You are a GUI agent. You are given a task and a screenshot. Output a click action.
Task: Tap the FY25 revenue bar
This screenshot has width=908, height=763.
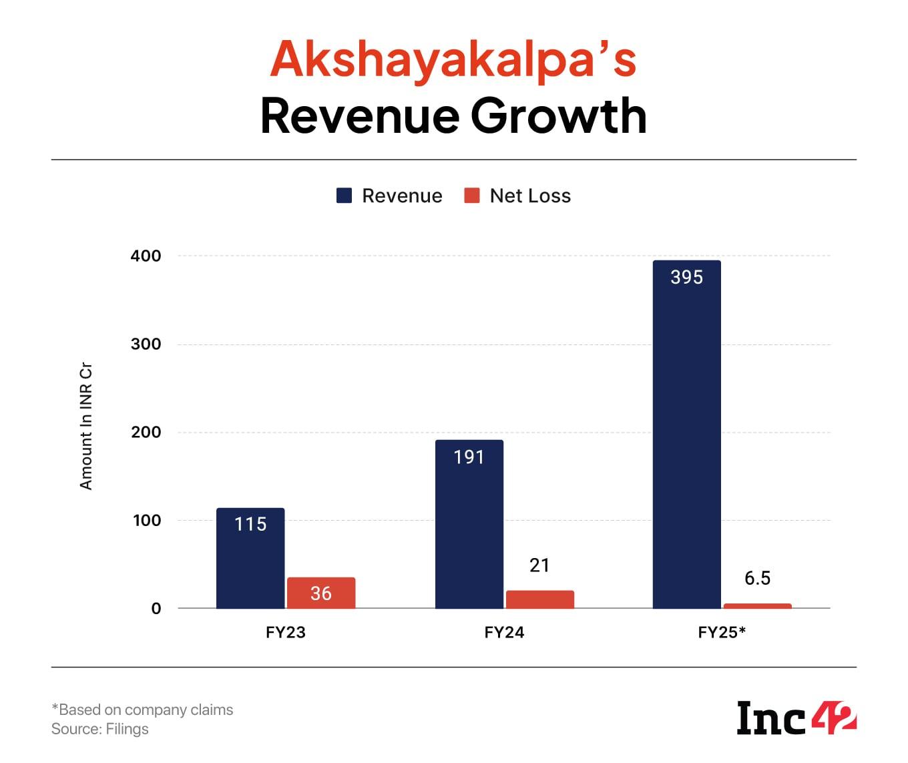[x=686, y=434]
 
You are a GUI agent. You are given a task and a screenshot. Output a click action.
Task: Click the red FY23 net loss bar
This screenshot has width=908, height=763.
[x=321, y=593]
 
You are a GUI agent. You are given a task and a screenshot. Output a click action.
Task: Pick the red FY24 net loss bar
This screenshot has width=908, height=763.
[x=539, y=599]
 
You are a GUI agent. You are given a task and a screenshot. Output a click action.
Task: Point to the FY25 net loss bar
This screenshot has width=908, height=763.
[x=757, y=606]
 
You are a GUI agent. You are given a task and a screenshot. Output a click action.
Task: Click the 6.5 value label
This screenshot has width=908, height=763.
[x=757, y=578]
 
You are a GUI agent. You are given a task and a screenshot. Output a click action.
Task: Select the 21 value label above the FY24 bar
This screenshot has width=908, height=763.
[x=539, y=565]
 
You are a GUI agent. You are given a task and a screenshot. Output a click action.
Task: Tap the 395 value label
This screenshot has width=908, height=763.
[x=686, y=277]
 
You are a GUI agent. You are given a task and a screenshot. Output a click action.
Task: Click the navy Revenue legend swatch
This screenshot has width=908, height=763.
[x=344, y=196]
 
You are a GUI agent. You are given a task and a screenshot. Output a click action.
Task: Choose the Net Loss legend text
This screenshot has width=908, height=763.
[x=530, y=196]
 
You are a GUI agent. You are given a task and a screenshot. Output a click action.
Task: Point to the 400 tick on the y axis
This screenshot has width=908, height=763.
[x=146, y=256]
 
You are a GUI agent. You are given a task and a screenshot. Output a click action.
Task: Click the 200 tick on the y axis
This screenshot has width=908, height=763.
[x=146, y=432]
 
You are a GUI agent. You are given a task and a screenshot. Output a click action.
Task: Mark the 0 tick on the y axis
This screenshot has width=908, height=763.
[x=156, y=608]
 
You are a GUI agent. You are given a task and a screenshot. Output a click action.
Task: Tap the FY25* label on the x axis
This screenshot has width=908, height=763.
[x=721, y=632]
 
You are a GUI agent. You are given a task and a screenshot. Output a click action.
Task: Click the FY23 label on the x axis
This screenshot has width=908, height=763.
[x=285, y=632]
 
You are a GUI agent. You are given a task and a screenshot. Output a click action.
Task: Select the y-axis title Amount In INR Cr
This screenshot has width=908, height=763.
[x=85, y=427]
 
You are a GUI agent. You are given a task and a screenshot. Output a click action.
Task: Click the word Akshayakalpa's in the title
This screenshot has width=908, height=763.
[x=453, y=59]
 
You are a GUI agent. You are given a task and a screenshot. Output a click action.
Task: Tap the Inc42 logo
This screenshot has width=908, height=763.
[x=796, y=718]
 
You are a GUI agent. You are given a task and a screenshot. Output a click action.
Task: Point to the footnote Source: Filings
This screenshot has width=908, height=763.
[x=99, y=729]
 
